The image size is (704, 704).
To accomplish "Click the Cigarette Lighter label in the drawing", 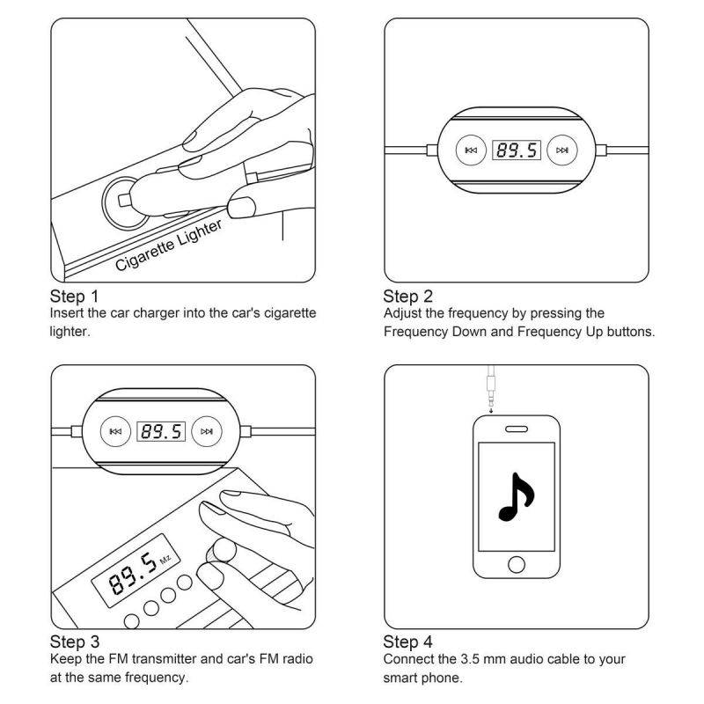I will click(170, 246).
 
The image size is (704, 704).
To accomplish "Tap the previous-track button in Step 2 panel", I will click(471, 150).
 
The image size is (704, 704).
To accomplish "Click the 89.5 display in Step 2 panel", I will click(516, 150).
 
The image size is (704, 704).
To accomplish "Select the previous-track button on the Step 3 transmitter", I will click(115, 431).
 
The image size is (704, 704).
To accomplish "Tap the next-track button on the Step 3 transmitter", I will click(207, 431).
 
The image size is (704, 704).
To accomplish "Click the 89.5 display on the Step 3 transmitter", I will click(161, 431).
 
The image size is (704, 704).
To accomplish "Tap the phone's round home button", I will click(517, 563).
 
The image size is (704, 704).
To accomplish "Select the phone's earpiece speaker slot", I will click(517, 429).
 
